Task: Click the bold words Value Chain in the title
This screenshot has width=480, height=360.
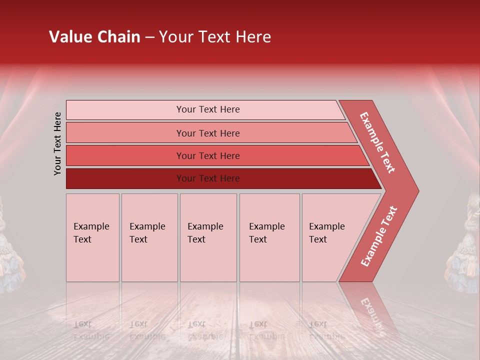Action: coord(94,37)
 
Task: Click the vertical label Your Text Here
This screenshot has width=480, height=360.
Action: coord(57,143)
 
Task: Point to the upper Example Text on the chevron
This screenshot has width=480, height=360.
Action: coord(377,142)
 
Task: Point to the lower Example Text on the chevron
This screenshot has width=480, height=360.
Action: coord(379,236)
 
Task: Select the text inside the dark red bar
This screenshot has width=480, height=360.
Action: coord(208,178)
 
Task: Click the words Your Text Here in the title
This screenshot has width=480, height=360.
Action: coord(215,37)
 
